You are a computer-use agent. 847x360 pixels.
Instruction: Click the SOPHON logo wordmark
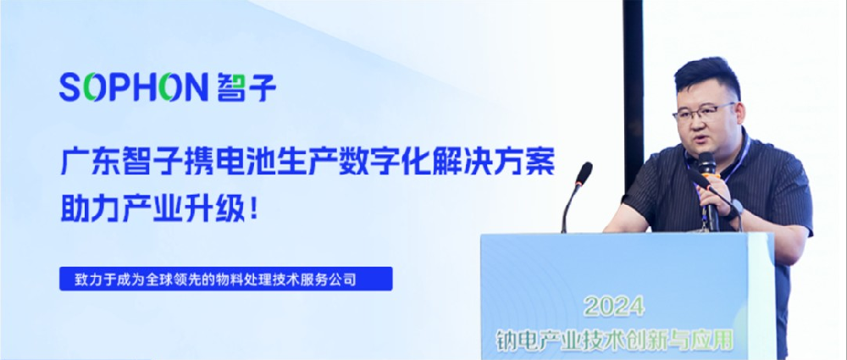tap(134, 87)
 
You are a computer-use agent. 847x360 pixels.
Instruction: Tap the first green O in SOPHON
tap(94, 87)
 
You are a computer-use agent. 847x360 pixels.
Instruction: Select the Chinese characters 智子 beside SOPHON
tap(246, 87)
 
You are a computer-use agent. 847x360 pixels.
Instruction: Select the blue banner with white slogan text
tap(226, 279)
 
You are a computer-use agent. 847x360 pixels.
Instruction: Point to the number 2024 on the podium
tap(615, 307)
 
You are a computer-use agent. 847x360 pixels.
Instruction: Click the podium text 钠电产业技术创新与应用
tap(615, 340)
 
